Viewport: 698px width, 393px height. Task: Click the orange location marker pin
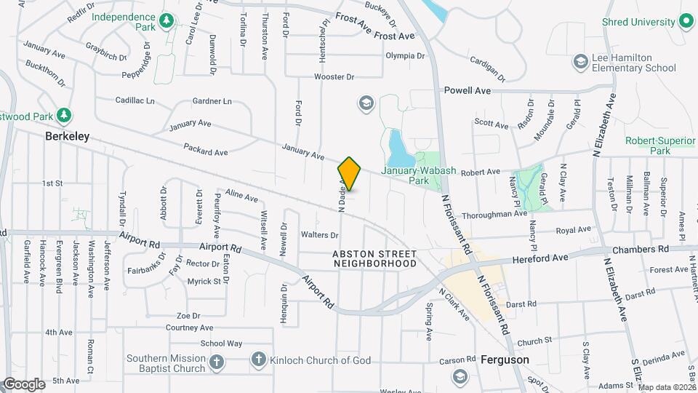tap(350, 174)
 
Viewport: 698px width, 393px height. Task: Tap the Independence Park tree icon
tap(167, 22)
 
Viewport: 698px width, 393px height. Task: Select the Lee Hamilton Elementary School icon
tap(580, 61)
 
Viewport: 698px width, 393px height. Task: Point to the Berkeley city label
tap(67, 136)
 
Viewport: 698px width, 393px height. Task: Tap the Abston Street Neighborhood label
tap(375, 258)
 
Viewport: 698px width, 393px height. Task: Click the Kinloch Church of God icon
tap(257, 360)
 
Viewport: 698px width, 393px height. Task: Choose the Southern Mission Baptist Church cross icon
tap(216, 362)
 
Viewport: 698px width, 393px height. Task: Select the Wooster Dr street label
tap(334, 76)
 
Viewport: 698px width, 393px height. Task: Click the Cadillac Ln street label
tap(135, 100)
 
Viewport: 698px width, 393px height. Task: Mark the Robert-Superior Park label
tap(659, 146)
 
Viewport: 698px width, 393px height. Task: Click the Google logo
tap(23, 384)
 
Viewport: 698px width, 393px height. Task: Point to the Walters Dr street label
tap(320, 235)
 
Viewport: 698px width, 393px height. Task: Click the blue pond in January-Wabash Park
tap(398, 148)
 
